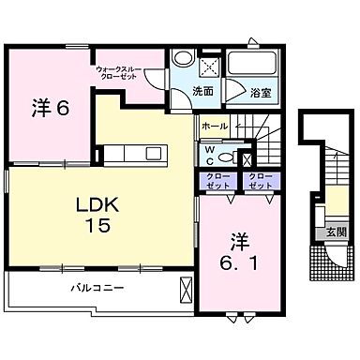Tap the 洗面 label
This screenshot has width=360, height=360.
[x=202, y=92]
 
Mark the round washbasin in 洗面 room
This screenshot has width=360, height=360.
[x=185, y=58]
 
